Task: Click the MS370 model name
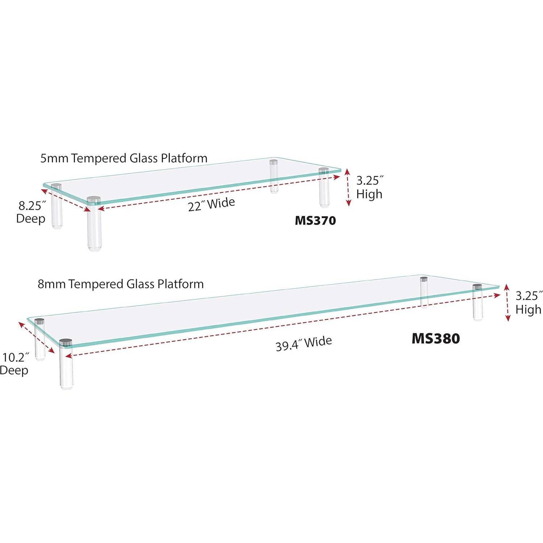[315, 220]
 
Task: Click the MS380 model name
[435, 339]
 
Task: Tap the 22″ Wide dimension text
[211, 204]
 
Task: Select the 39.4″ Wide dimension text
[303, 343]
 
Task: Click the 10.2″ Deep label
[14, 364]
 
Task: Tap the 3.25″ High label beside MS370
[369, 187]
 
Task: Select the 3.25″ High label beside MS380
[529, 303]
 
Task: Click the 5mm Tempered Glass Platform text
[124, 158]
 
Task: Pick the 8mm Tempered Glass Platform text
[121, 284]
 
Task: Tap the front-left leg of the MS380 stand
[66, 366]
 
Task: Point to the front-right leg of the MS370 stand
[323, 192]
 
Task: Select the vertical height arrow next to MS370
[348, 187]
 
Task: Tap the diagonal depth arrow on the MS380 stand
[37, 337]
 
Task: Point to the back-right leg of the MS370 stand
[274, 178]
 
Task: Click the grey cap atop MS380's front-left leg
[66, 341]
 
